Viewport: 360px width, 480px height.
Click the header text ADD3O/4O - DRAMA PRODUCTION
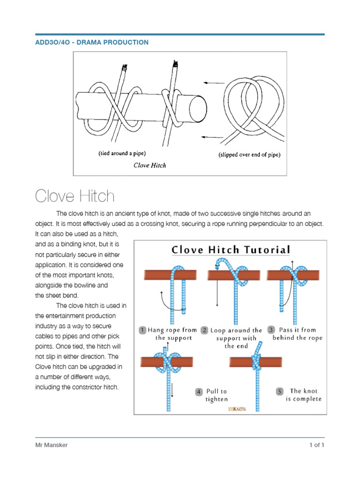pyautogui.click(x=92, y=42)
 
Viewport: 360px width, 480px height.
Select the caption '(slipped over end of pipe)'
pyautogui.click(x=249, y=155)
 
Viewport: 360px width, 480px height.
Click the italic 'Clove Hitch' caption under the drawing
pyautogui.click(x=150, y=165)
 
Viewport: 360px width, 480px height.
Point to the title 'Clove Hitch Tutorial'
pyautogui.click(x=231, y=249)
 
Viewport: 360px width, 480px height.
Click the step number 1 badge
pyautogui.click(x=142, y=330)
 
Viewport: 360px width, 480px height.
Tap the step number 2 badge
pyautogui.click(x=204, y=330)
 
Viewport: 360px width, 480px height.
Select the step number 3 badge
pyautogui.click(x=270, y=330)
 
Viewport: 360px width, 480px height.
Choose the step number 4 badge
pyautogui.click(x=199, y=391)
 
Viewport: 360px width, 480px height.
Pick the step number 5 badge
pyautogui.click(x=280, y=391)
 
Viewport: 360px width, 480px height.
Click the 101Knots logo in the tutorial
pyautogui.click(x=237, y=409)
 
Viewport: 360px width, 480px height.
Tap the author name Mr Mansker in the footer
pyautogui.click(x=52, y=445)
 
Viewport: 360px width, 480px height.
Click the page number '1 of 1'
pyautogui.click(x=316, y=445)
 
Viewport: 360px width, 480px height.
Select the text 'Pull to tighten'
pyautogui.click(x=217, y=395)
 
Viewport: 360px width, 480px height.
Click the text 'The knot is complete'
pyautogui.click(x=304, y=395)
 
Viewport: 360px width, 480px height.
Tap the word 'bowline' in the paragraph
pyautogui.click(x=88, y=285)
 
